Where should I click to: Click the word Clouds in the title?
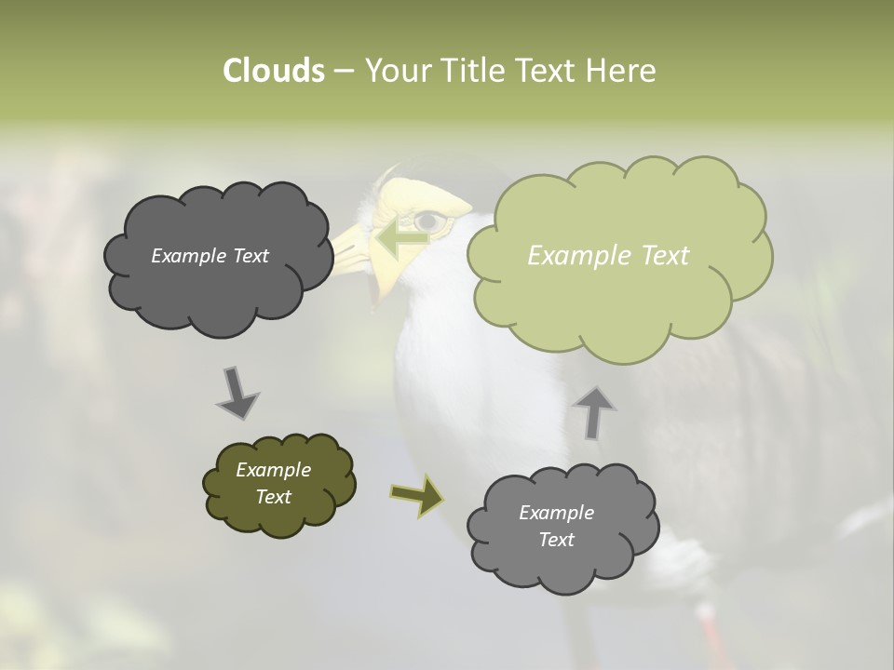pos(273,71)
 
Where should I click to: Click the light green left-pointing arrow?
pos(401,236)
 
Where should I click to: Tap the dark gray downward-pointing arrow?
pos(237,393)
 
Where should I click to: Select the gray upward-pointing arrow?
pos(595,410)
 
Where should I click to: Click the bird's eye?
pos(427,221)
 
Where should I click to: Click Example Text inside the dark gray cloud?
pos(210,256)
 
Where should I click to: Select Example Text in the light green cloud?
pos(608,256)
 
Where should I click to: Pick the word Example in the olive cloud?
pos(273,470)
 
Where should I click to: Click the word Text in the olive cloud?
pos(273,497)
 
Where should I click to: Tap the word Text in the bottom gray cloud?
pos(556,540)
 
